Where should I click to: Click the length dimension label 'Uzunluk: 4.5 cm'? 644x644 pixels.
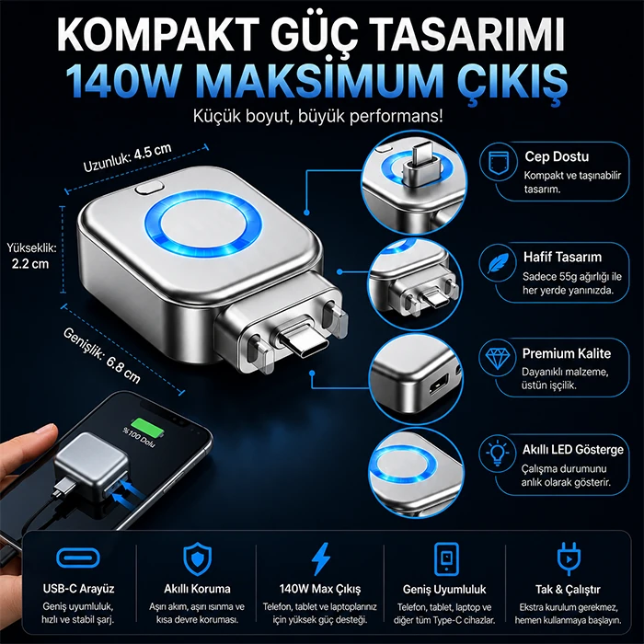pyautogui.click(x=127, y=157)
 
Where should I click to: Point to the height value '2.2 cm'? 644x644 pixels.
pyautogui.click(x=30, y=263)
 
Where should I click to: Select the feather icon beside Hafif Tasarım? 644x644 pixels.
pyautogui.click(x=498, y=263)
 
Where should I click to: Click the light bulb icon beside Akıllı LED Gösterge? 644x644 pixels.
pyautogui.click(x=498, y=453)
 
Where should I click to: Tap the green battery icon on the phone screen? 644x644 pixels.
pyautogui.click(x=146, y=428)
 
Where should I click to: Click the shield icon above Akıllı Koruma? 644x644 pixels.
pyautogui.click(x=198, y=558)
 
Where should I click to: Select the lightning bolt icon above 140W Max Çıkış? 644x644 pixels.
pyautogui.click(x=321, y=558)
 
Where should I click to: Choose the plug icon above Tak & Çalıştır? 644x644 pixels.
pyautogui.click(x=569, y=558)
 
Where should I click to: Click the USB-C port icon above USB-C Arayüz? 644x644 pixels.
pyautogui.click(x=78, y=558)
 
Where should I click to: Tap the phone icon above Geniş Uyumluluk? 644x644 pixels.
pyautogui.click(x=446, y=558)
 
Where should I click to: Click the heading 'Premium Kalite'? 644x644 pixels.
pyautogui.click(x=567, y=353)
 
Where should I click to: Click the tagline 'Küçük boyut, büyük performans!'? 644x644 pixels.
pyautogui.click(x=318, y=116)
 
